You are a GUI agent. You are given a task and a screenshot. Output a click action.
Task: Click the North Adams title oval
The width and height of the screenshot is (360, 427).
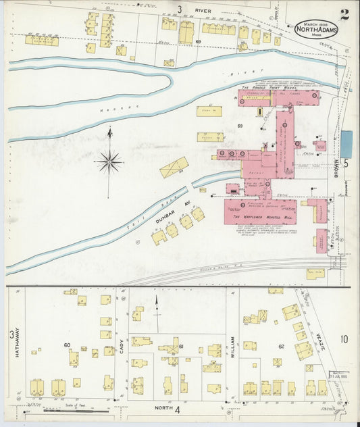point(316,29)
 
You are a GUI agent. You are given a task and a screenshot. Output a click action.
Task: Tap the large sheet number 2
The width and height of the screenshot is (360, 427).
point(344,15)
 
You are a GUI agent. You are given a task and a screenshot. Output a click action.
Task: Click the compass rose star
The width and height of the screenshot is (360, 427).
point(109,161)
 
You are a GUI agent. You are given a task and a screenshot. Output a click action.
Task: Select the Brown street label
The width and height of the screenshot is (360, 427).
point(335,169)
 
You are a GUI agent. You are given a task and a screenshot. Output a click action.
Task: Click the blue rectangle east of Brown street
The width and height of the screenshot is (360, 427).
point(346,144)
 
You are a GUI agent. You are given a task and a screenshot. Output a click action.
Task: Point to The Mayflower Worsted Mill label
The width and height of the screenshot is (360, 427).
point(261,216)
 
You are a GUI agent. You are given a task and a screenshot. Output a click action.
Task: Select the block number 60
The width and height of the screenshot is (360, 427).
point(67,345)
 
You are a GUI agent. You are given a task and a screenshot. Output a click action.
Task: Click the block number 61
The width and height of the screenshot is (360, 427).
point(182,346)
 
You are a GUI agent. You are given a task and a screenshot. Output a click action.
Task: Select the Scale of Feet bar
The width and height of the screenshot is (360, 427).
point(74,410)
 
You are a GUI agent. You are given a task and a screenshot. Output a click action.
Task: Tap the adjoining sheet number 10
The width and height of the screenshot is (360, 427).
point(344,339)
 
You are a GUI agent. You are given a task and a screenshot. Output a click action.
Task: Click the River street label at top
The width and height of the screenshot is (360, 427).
point(203,11)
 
